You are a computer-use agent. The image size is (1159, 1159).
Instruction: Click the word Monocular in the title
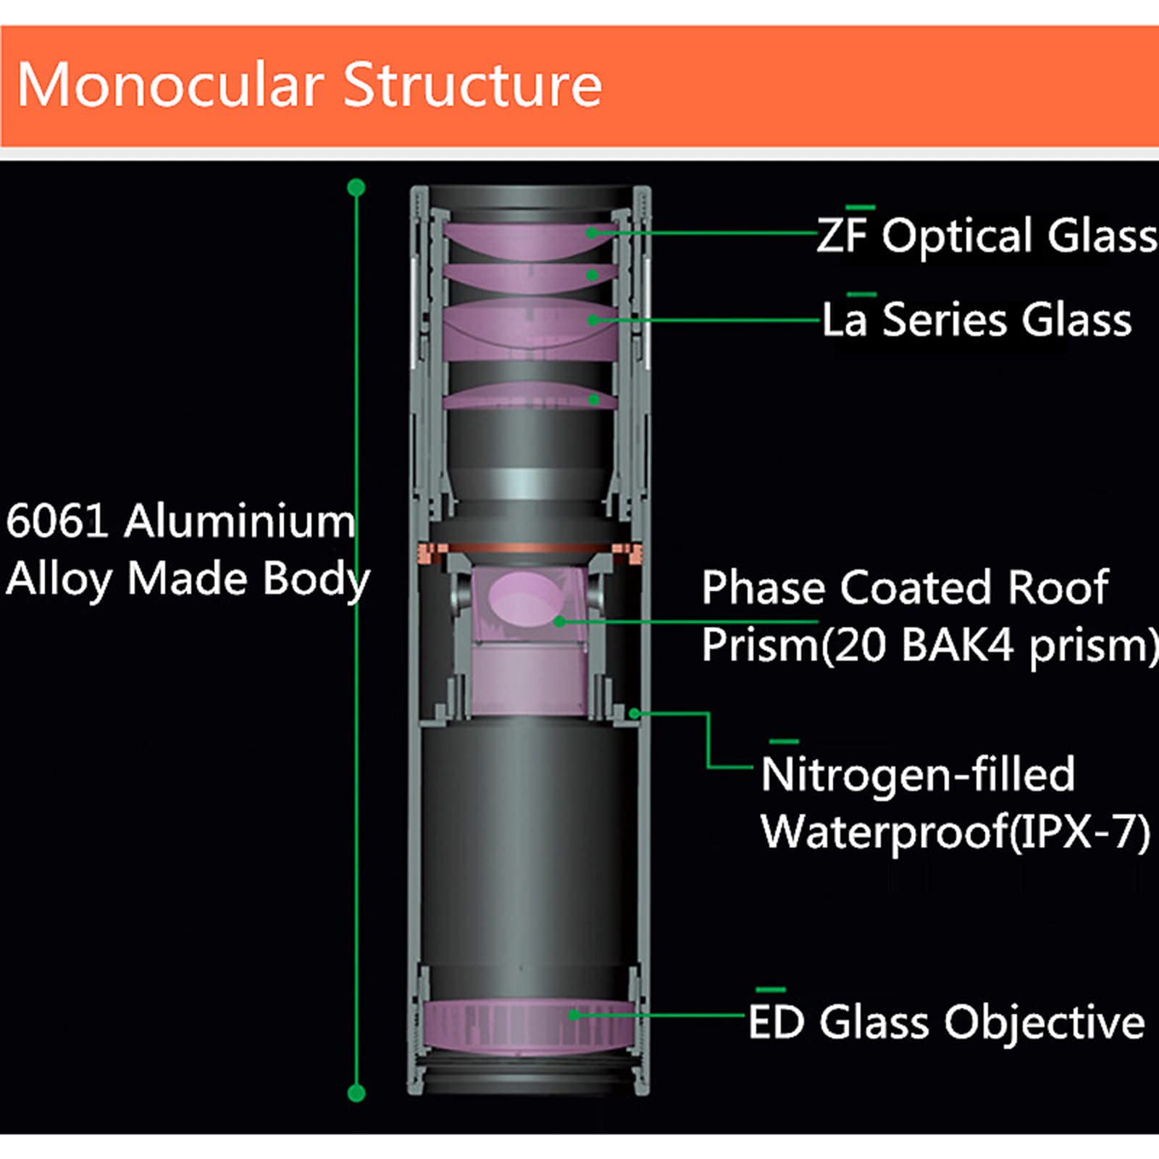(x=170, y=85)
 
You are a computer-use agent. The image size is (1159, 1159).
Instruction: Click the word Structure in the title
(x=472, y=85)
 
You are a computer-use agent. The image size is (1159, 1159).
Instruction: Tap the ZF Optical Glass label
(x=987, y=235)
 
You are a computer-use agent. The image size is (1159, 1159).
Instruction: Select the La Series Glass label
(x=976, y=319)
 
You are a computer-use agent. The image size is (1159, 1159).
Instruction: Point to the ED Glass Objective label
(x=946, y=1022)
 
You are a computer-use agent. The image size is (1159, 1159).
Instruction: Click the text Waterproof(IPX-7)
(x=955, y=832)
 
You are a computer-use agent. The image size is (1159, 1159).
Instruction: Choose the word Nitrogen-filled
(x=918, y=774)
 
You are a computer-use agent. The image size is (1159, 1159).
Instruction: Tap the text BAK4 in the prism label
(x=957, y=645)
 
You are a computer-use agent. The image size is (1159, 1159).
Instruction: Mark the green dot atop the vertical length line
(x=356, y=188)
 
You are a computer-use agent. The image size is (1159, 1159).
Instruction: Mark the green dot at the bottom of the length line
(x=356, y=1093)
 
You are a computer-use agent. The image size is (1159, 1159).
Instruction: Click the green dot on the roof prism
(x=559, y=621)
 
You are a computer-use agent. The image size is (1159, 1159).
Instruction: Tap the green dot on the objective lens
(x=573, y=1015)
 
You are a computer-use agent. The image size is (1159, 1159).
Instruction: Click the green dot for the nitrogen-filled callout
(x=634, y=714)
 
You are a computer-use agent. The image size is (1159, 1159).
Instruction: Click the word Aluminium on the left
(x=240, y=521)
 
